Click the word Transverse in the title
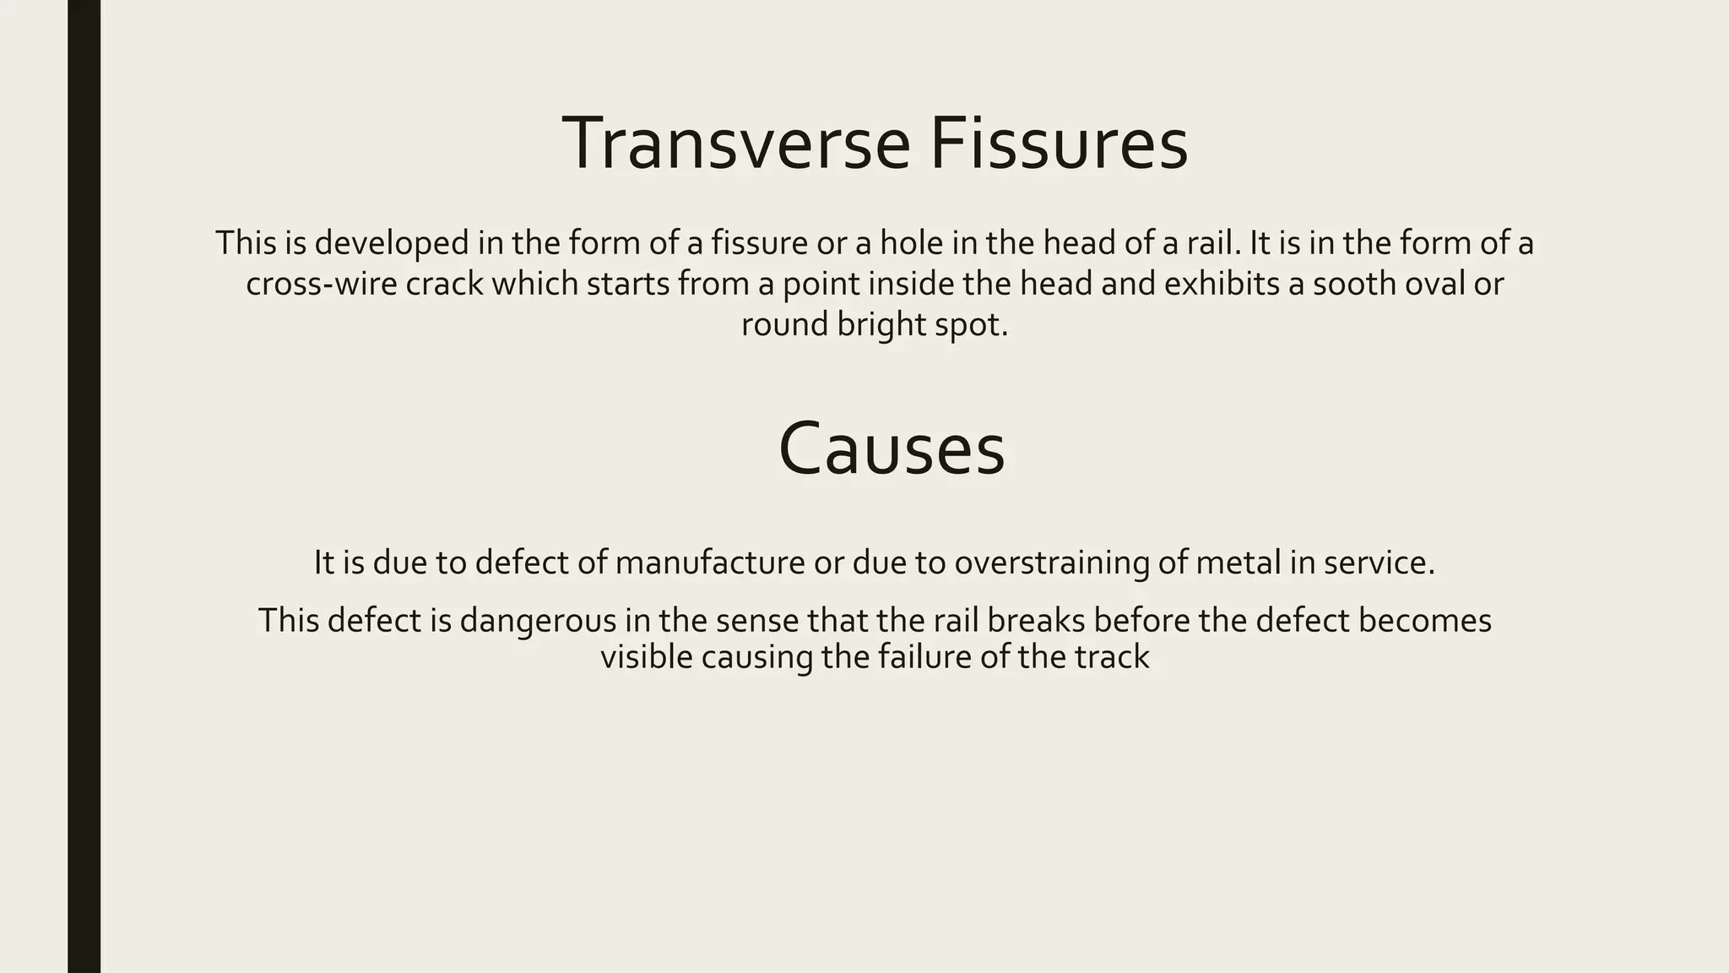pyautogui.click(x=735, y=144)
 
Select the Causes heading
pyautogui.click(x=892, y=448)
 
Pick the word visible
pyautogui.click(x=646, y=657)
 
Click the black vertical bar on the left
pyautogui.click(x=84, y=486)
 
